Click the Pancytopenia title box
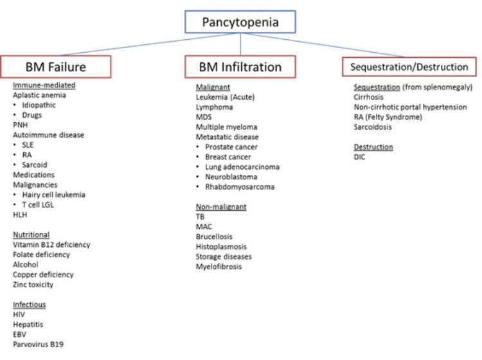pos(240,22)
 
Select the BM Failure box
pos(55,66)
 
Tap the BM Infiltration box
pos(240,66)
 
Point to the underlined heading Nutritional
pos(31,235)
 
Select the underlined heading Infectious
pos(30,305)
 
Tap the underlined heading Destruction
pos(373,147)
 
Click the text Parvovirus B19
pos(38,345)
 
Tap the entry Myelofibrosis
pos(219,267)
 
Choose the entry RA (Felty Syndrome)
pos(388,117)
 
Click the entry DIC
pos(360,157)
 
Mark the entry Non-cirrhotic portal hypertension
pos(410,107)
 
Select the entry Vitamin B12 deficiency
pos(51,245)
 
